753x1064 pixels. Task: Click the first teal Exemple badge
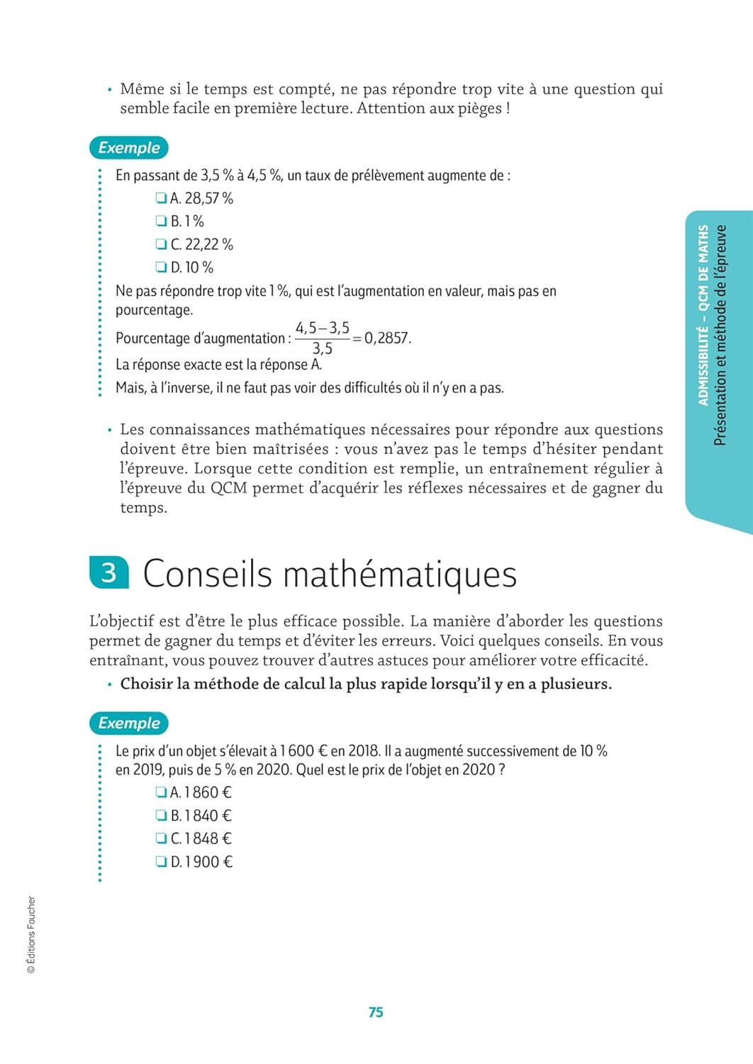point(128,148)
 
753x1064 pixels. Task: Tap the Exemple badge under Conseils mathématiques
point(128,723)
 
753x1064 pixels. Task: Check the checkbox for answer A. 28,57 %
point(161,198)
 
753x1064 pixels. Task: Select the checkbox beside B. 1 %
point(161,221)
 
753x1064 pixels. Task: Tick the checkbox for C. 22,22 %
point(161,244)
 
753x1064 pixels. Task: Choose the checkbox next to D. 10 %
point(161,267)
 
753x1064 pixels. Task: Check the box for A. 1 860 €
point(161,792)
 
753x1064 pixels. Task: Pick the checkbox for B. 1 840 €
point(161,816)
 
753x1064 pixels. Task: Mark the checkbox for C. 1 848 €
point(161,838)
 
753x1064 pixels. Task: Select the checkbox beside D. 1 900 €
point(161,862)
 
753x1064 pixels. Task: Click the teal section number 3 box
point(109,572)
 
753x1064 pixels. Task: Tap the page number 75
point(376,1012)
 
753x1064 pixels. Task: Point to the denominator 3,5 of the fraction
point(323,348)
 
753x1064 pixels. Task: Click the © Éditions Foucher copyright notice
point(31,934)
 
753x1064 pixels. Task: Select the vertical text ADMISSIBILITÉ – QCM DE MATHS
point(703,315)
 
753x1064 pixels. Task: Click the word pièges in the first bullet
point(480,109)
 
